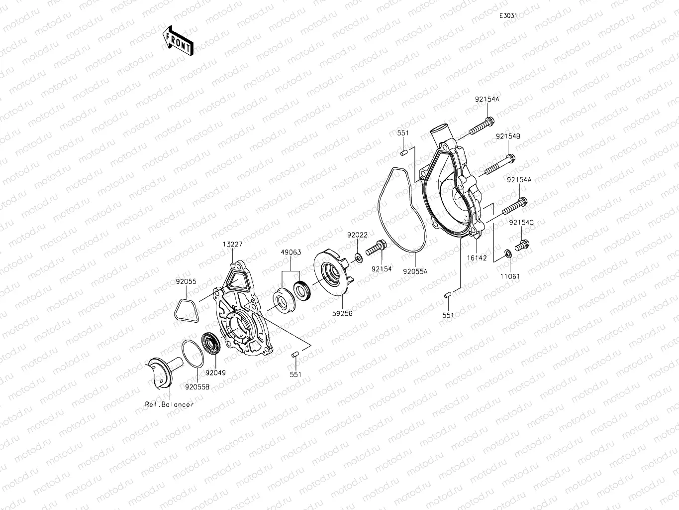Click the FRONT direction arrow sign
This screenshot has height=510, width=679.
click(x=178, y=40)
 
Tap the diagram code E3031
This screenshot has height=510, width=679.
click(x=508, y=15)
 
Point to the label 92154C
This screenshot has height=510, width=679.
click(x=521, y=223)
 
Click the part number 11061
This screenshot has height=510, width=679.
click(x=510, y=276)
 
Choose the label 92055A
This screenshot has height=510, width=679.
click(x=415, y=272)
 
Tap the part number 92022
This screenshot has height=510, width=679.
click(x=357, y=235)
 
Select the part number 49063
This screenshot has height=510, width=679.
click(x=291, y=253)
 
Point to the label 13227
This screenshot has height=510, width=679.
click(x=232, y=244)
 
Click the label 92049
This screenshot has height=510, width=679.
click(x=215, y=373)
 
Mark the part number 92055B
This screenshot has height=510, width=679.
click(x=197, y=386)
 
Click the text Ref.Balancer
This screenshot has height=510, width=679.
click(x=169, y=404)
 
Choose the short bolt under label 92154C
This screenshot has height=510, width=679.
click(x=522, y=245)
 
